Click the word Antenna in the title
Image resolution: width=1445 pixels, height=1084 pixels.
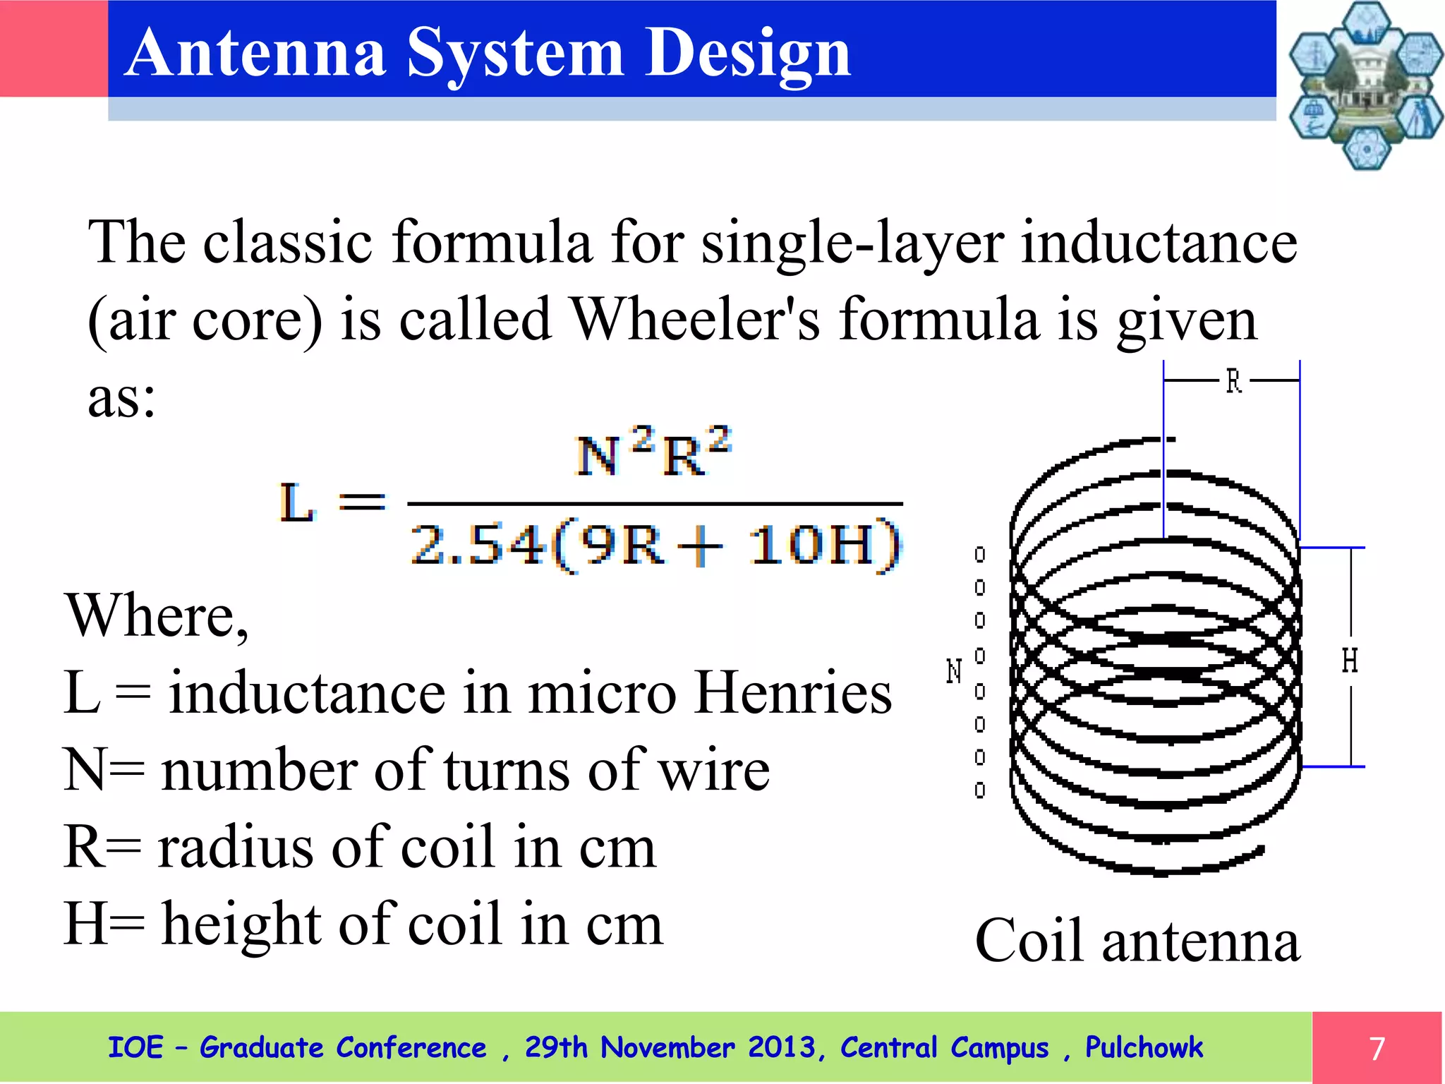[257, 52]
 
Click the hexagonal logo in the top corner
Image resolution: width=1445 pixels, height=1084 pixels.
[1365, 85]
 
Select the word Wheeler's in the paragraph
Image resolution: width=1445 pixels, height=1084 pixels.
[696, 319]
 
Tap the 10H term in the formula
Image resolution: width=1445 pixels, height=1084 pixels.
[811, 545]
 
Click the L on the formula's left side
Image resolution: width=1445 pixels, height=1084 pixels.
[296, 502]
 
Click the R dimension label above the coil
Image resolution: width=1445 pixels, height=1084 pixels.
[1233, 382]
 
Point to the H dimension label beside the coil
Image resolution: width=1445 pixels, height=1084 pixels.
[1350, 661]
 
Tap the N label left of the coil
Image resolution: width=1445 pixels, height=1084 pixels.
[954, 670]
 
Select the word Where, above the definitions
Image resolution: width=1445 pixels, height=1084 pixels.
[157, 615]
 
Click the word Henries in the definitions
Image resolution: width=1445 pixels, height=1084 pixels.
[793, 693]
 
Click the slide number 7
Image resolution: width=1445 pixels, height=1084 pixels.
[1377, 1049]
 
